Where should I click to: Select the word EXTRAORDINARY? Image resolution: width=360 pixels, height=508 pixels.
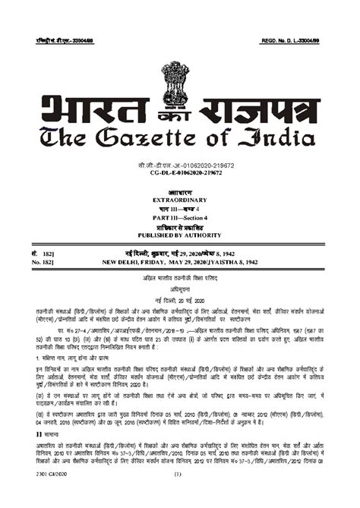pyautogui.click(x=180, y=198)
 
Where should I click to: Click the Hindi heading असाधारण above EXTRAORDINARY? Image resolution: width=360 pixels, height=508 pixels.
pyautogui.click(x=180, y=190)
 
